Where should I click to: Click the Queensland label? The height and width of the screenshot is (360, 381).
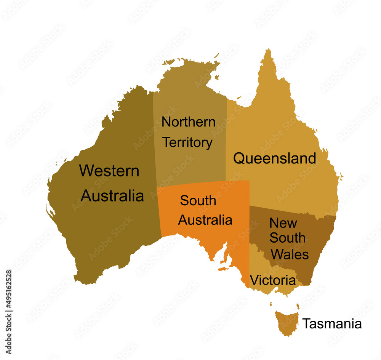pos(274,158)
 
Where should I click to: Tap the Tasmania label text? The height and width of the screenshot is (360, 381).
pos(332,324)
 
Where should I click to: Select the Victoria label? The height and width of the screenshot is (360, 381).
pos(273,281)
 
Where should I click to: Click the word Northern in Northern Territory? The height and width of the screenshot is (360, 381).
pos(188,122)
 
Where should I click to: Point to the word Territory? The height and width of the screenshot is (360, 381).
pos(187,142)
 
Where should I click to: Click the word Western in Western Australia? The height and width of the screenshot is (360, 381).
pos(109,171)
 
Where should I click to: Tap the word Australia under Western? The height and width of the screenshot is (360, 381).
pos(112,196)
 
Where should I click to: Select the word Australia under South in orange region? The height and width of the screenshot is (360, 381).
pos(205,220)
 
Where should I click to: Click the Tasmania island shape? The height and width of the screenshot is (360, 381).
pos(287,322)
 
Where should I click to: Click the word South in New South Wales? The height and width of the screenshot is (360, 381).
pos(287,238)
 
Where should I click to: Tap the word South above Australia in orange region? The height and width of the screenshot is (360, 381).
pos(198,200)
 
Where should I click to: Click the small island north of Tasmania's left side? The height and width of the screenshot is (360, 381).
pos(271,304)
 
